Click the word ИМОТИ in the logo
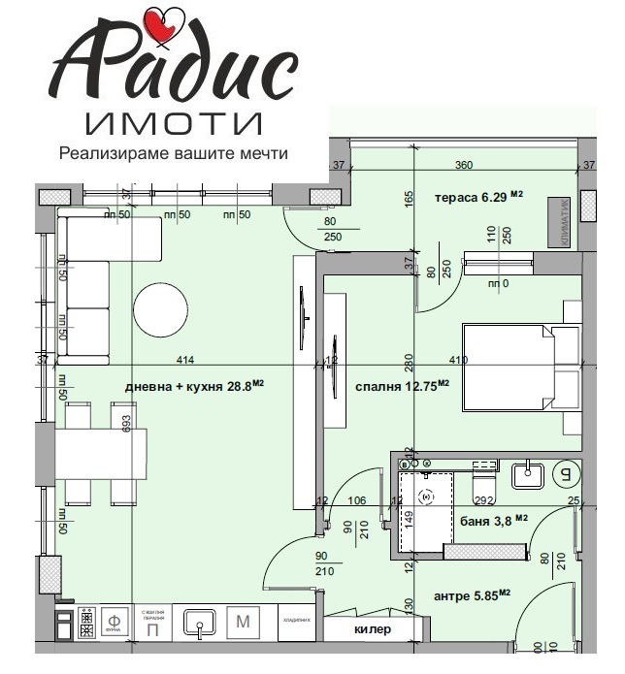click(x=175, y=123)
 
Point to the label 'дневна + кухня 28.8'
click(x=194, y=385)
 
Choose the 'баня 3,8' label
click(x=494, y=520)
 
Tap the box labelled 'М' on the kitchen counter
click(x=245, y=622)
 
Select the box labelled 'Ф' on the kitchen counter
click(x=114, y=621)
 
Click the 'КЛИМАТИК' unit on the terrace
click(x=561, y=215)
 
